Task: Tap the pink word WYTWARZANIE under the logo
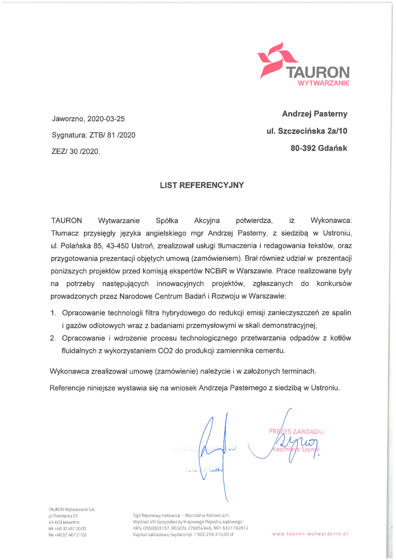coord(324,83)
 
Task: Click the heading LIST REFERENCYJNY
coord(202,185)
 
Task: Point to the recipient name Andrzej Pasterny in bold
coord(314,114)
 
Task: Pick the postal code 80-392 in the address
coord(303,149)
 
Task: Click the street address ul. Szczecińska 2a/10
coord(307,131)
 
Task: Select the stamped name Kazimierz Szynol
coord(296,449)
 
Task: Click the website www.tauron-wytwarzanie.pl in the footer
coord(310,533)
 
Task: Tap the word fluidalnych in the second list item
coord(79,351)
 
